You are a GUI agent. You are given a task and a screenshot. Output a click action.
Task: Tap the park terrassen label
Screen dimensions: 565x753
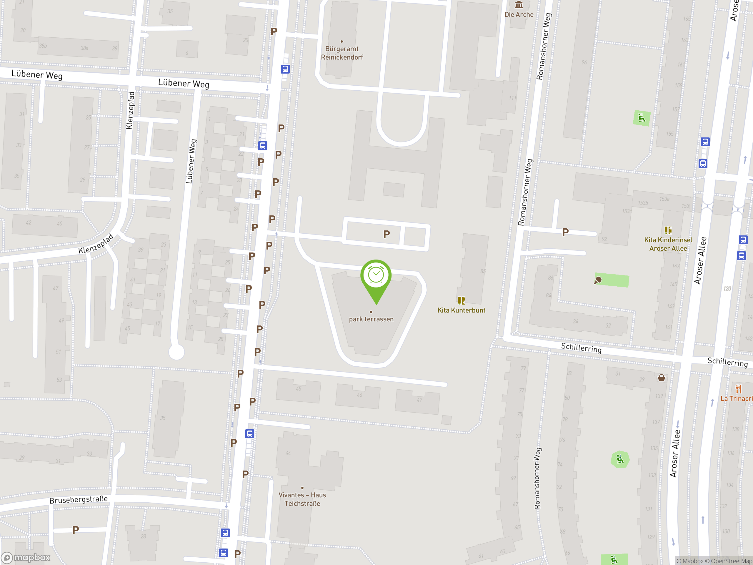point(371,319)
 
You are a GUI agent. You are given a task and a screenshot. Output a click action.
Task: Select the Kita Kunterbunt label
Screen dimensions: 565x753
point(461,310)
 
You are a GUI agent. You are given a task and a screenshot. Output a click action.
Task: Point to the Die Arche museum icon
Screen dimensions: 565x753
point(519,5)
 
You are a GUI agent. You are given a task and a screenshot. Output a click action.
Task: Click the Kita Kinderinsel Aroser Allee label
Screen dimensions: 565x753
point(668,244)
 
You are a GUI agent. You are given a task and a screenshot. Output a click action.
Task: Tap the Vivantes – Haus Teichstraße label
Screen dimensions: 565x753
point(302,499)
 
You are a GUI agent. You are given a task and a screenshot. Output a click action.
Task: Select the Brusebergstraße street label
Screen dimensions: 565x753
point(79,500)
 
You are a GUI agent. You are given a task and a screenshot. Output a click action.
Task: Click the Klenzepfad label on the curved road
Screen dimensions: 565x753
point(96,244)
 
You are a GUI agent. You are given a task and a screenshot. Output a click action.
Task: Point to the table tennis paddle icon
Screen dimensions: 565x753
point(598,280)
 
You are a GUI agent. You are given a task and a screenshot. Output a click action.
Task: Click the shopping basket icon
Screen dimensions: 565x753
point(662,378)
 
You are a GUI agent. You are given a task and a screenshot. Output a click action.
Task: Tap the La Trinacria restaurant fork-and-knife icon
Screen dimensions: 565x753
point(738,389)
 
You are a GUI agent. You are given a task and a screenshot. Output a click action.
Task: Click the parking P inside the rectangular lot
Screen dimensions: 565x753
point(387,234)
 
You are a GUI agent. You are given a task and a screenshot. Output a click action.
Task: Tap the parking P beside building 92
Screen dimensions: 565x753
point(565,232)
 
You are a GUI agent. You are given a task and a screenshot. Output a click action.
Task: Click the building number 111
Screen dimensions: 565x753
point(512,98)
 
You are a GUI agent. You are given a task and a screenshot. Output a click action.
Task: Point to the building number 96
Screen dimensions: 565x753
point(584,62)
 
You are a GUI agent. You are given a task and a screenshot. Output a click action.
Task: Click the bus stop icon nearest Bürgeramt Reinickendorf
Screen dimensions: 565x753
point(285,69)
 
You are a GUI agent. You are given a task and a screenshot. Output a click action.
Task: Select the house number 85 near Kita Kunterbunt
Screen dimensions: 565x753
point(483,271)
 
